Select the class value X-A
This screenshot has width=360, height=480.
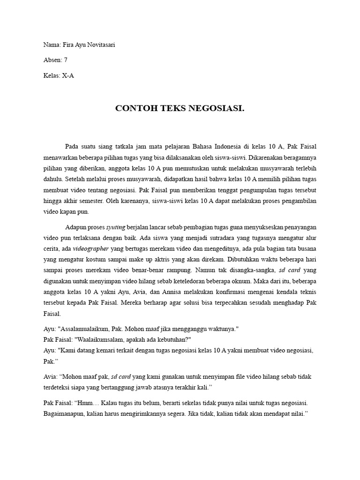click(x=68, y=75)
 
